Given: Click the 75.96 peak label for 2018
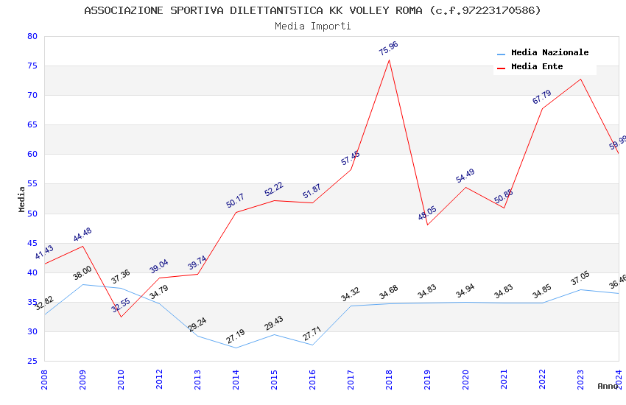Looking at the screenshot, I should [x=388, y=49].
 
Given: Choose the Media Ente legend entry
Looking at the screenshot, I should [x=537, y=67].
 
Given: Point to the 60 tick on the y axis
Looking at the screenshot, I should [x=32, y=155].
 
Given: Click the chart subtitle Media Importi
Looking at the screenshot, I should [x=313, y=26].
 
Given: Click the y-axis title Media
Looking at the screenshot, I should [x=22, y=199].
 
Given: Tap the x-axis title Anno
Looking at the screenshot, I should [x=608, y=386].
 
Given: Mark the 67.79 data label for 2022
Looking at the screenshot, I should [x=541, y=97].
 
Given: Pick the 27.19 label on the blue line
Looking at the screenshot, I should [x=235, y=337].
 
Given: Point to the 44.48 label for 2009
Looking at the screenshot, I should [x=82, y=235].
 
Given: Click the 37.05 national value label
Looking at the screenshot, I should [x=580, y=280].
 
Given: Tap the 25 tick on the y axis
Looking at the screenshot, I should [x=32, y=362].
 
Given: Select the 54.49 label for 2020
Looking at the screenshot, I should [x=465, y=176].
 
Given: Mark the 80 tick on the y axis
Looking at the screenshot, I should [x=32, y=37].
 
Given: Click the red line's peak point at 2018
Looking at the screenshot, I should [x=389, y=60].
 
